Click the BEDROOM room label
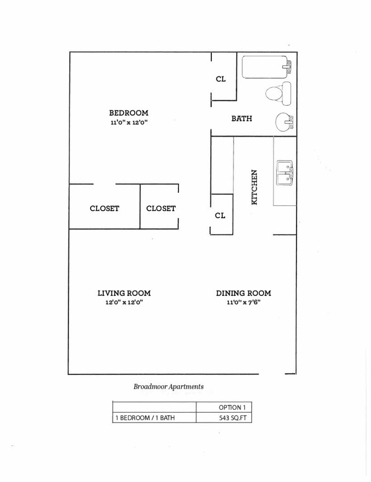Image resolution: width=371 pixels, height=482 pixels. tap(129, 113)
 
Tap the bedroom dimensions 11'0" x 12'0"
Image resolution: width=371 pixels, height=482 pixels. tap(129, 122)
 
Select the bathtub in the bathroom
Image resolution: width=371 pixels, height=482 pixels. tap(267, 67)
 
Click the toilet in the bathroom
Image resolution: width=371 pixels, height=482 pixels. tap(278, 93)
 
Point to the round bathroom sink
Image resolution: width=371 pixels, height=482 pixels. tap(284, 122)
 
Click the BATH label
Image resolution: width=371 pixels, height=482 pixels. tap(242, 118)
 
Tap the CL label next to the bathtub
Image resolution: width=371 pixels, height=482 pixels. tap(221, 79)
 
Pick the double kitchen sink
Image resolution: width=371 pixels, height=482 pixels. tap(285, 173)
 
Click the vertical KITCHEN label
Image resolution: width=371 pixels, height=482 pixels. tap(254, 187)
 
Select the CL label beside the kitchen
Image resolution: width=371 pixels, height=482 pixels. tap(220, 216)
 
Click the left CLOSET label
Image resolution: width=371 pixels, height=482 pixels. tap(104, 208)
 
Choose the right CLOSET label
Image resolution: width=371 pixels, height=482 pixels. tap(161, 208)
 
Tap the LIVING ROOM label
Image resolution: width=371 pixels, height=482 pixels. tap(124, 293)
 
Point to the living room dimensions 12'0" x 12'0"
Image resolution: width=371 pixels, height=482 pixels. tap(124, 302)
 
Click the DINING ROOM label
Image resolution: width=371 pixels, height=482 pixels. tap(243, 293)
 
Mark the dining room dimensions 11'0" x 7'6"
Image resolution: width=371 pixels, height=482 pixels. tap(243, 302)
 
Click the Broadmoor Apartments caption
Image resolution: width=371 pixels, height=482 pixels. tap(169, 386)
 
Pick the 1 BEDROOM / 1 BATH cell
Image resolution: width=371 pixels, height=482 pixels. tap(154, 417)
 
